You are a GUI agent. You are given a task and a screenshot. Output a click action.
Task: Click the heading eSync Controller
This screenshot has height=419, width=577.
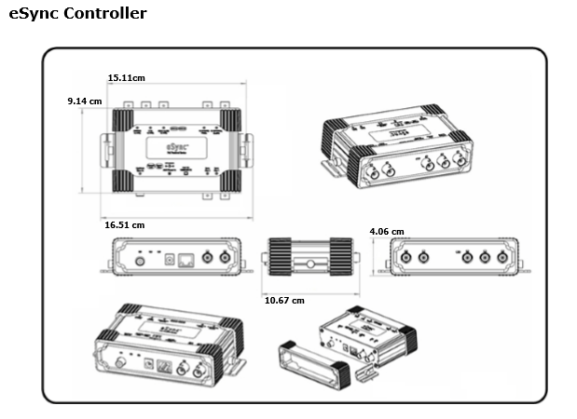77,14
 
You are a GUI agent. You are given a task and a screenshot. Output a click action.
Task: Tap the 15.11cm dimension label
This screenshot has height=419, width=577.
127,77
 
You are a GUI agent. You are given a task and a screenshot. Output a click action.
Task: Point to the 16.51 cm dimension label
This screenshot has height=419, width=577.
124,224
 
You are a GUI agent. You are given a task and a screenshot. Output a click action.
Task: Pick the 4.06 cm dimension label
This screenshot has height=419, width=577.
386,231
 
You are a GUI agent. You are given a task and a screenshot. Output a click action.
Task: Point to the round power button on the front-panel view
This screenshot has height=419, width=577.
140,261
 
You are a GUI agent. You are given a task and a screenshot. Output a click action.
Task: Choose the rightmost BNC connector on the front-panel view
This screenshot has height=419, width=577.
225,258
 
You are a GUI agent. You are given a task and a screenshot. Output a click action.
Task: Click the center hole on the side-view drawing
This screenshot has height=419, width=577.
309,264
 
